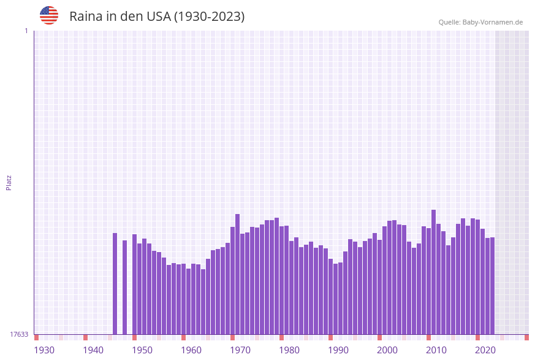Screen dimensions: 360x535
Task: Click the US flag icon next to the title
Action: coord(49,15)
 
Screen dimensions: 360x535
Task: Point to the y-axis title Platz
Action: coord(9,182)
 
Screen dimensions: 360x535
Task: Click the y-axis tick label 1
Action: coord(26,31)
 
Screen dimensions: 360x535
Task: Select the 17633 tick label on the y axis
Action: coord(19,334)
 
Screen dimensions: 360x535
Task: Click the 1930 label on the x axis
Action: coord(44,350)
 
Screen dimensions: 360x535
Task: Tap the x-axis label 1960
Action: coord(191,350)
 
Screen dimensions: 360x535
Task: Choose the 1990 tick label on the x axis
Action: coord(338,350)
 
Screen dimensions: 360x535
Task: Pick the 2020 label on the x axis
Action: coord(485,350)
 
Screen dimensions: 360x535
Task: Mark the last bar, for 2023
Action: coord(492,285)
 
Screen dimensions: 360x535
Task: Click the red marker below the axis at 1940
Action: coord(85,337)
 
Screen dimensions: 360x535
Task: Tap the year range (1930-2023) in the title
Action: coord(209,17)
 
